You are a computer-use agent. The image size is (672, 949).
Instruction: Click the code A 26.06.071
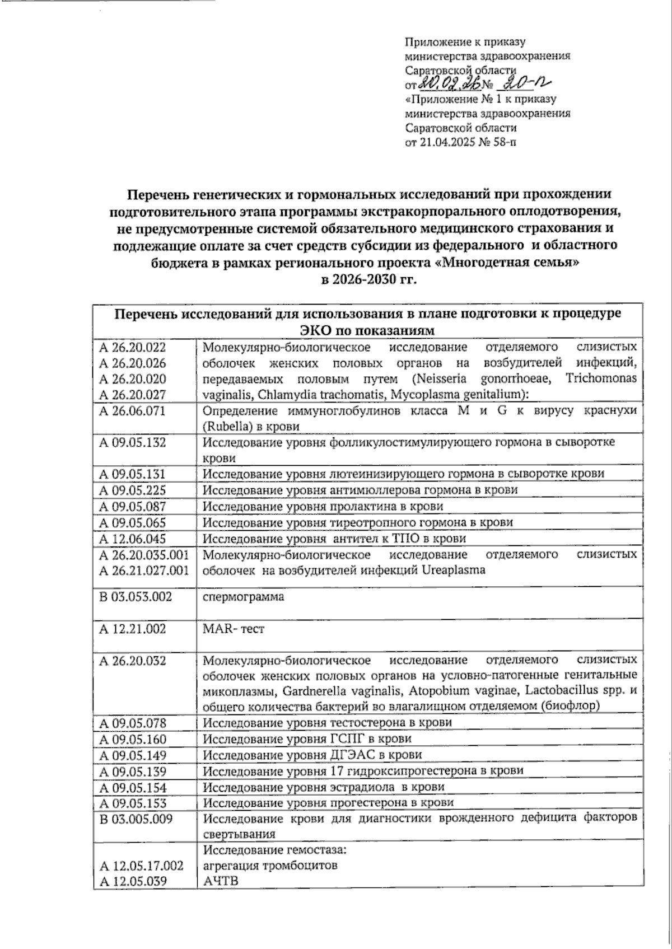(132, 411)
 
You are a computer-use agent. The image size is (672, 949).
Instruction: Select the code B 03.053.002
(136, 597)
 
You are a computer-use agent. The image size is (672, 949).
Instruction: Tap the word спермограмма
(243, 597)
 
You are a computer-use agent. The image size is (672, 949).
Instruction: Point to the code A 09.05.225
(132, 490)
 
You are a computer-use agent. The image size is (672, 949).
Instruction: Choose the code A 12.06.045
(132, 539)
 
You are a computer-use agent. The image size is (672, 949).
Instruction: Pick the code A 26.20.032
(132, 661)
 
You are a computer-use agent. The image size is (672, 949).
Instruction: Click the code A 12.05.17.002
(141, 866)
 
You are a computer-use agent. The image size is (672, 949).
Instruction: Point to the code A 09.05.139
(132, 772)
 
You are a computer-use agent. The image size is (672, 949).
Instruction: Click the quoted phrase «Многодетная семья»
(506, 263)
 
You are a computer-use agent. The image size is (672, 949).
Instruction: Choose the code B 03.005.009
(136, 819)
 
